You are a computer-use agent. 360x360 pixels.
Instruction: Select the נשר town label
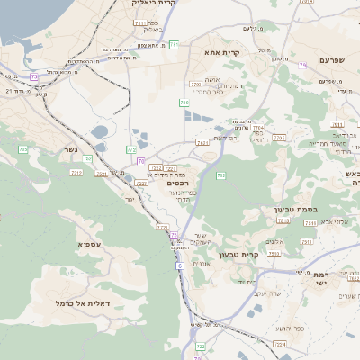[73, 150]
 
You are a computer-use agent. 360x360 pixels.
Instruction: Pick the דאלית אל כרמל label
[83, 303]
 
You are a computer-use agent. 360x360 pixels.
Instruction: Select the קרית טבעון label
[264, 255]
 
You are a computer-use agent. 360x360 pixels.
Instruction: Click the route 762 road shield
[259, 129]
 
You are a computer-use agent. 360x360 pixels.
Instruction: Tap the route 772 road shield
[130, 149]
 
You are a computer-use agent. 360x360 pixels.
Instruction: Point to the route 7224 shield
[280, 344]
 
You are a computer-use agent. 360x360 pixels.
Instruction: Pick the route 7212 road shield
[76, 172]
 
